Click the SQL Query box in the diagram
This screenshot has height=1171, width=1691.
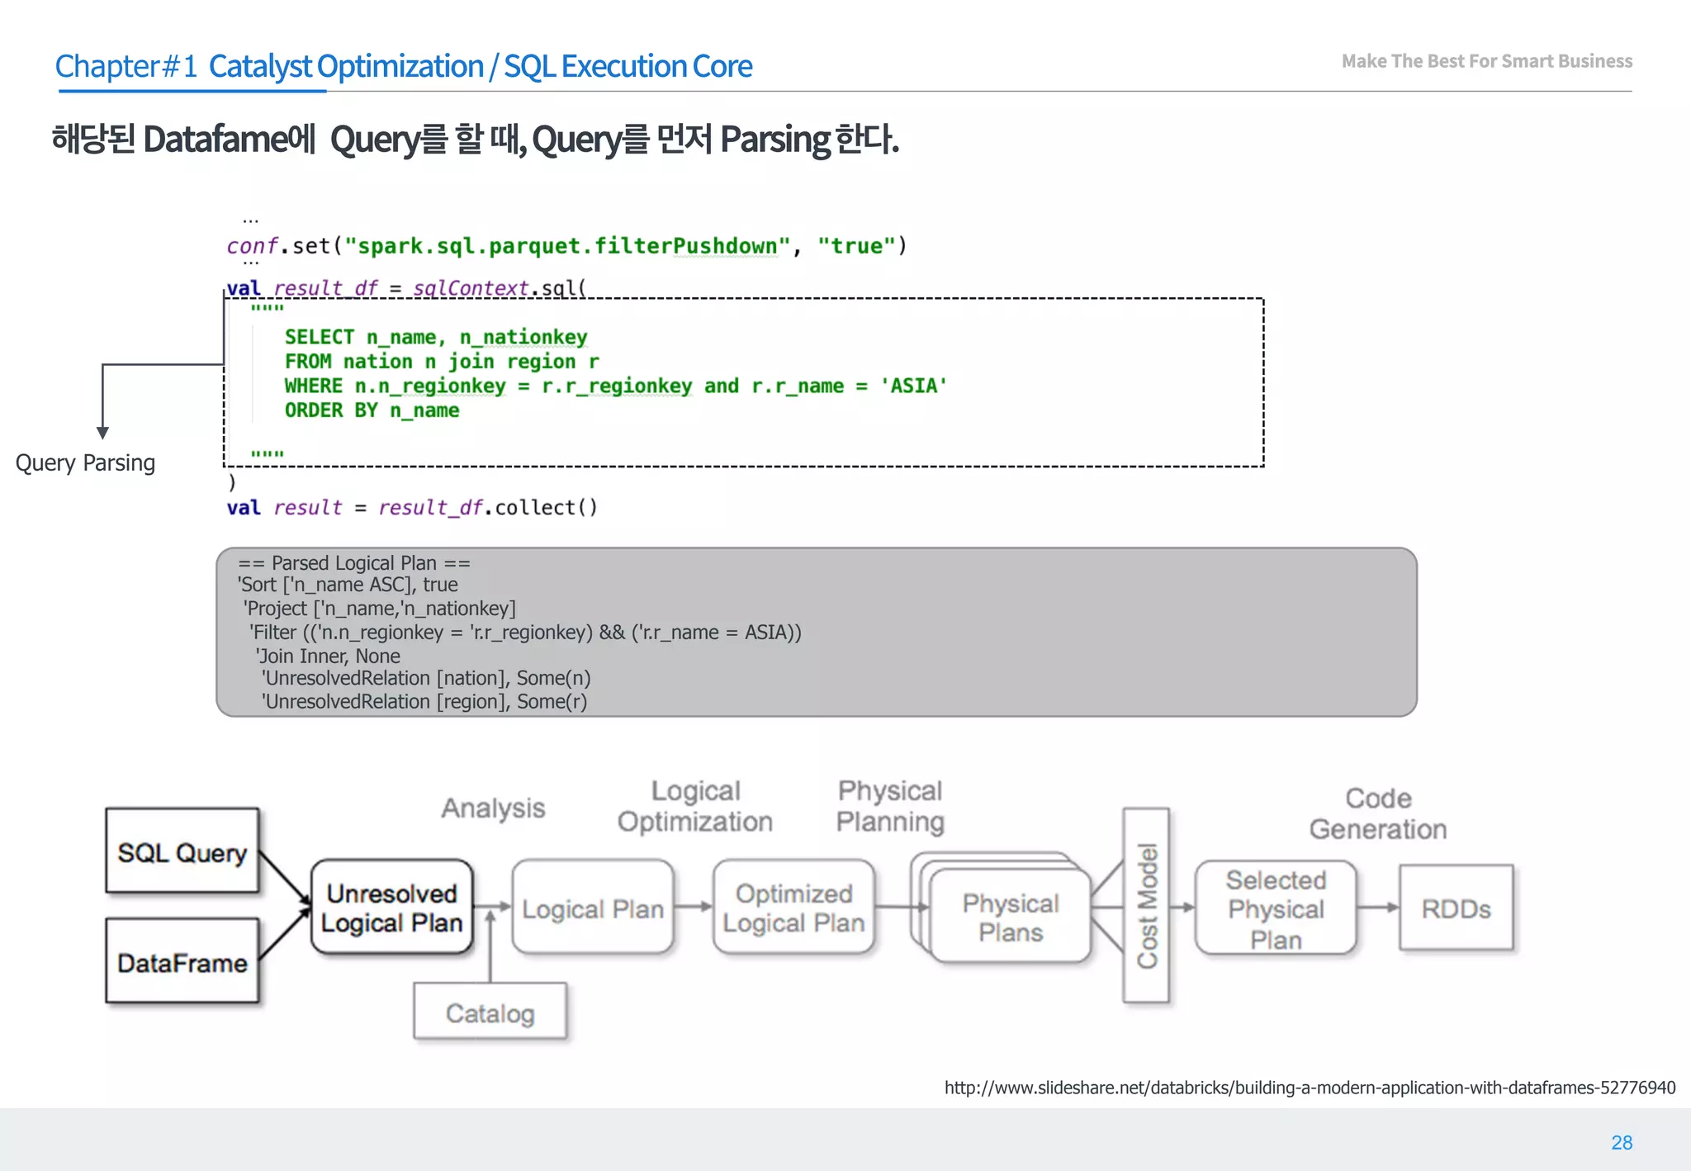pos(182,851)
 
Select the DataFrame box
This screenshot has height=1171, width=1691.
pos(182,962)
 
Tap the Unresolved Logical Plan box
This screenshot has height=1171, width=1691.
pos(392,908)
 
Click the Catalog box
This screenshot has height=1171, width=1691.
pos(490,1012)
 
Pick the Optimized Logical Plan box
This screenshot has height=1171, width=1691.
pos(793,908)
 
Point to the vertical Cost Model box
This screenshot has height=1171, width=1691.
pos(1146,906)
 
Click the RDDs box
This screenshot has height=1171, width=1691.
pos(1456,908)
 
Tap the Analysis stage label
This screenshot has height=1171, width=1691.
pos(493,808)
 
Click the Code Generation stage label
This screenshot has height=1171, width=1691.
pos(1378,813)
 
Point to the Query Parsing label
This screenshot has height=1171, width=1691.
pos(85,462)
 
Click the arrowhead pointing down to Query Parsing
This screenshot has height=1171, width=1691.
pos(102,433)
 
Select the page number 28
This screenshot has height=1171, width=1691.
pos(1622,1142)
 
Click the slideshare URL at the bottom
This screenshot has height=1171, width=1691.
pos(1310,1088)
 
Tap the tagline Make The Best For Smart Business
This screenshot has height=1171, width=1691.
pos(1486,61)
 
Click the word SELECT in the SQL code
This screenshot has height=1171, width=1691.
pos(319,337)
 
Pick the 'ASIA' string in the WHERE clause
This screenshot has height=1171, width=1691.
pos(913,386)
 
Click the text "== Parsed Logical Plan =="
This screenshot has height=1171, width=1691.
pos(353,563)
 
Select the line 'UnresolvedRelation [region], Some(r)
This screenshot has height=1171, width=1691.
pos(424,702)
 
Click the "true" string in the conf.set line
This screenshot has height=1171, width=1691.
pos(856,246)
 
